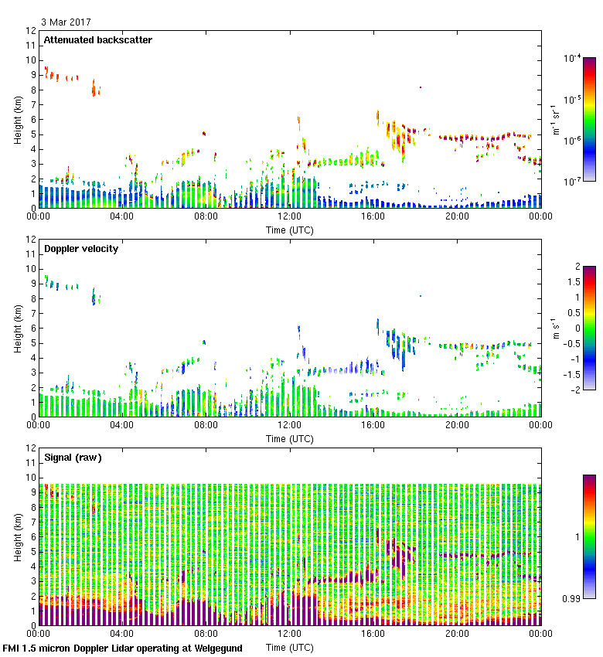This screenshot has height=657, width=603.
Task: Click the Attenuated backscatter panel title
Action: tap(98, 40)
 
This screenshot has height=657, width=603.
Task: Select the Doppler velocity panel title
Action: tap(81, 249)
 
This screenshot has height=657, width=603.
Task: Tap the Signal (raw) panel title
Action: tap(73, 458)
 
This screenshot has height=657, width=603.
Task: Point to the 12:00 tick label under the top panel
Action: tap(289, 216)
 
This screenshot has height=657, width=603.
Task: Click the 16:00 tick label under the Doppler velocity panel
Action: tap(373, 424)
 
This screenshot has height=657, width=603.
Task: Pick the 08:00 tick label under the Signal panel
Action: tap(206, 633)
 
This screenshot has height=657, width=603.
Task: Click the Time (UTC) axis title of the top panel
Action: tap(290, 230)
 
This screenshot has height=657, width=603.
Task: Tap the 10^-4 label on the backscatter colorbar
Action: tap(573, 59)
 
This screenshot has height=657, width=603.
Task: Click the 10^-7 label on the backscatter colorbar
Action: tap(573, 181)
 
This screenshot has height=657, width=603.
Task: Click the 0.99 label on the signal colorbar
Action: tap(572, 597)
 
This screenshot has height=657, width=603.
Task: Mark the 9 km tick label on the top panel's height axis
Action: tap(32, 76)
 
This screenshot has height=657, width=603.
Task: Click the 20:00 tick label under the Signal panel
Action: tap(456, 633)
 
